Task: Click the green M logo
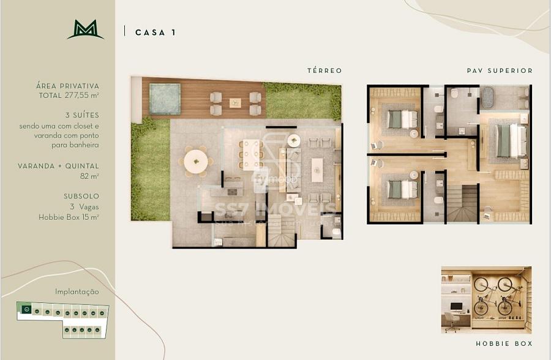click(85, 29)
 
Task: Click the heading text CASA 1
click(156, 32)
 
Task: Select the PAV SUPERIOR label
click(500, 71)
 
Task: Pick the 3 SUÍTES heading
click(81, 115)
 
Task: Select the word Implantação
click(77, 292)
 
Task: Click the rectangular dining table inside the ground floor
click(250, 153)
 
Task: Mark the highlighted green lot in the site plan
click(26, 310)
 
